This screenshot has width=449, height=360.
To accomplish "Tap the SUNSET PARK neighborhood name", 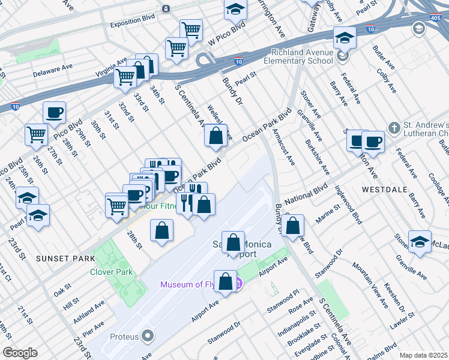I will coord(65,259).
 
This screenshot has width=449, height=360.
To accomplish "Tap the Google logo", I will coord(20,352).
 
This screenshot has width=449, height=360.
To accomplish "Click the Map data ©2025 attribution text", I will coord(423,355).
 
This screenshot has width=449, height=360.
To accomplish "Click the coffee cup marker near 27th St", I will coord(54,112).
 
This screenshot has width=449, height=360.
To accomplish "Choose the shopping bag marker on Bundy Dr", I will coord(293,227).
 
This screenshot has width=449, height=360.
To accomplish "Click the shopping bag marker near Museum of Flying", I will coord(225,283).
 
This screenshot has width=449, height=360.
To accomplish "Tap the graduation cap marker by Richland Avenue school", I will coord(345,38).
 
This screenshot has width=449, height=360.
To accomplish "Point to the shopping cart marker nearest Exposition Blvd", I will coord(191,30).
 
